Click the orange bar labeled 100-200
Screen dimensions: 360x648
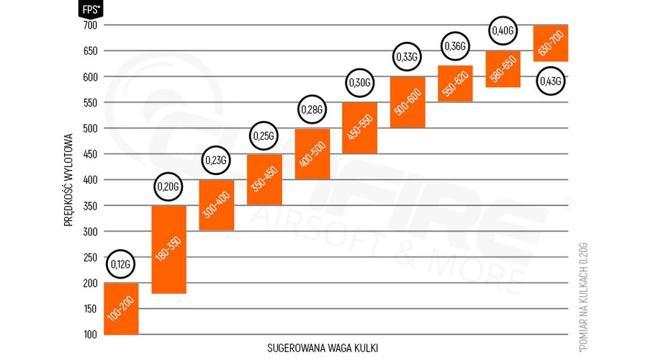point(121,308)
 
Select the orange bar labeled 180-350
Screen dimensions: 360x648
point(169,249)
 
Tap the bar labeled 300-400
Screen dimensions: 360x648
point(217,205)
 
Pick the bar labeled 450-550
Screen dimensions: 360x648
point(360,127)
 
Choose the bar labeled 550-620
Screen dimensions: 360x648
point(455,84)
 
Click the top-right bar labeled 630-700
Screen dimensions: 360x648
point(551,43)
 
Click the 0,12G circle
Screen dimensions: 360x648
point(121,265)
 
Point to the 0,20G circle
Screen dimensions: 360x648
point(168,188)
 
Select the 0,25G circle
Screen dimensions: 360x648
point(264,136)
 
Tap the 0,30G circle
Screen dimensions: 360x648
point(359,84)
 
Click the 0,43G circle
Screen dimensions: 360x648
point(551,82)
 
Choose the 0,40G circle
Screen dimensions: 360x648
point(503,30)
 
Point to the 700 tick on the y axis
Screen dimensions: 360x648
point(89,25)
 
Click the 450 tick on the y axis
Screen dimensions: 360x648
point(89,154)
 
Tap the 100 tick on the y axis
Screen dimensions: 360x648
point(89,335)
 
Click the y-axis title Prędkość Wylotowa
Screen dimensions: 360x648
point(69,179)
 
